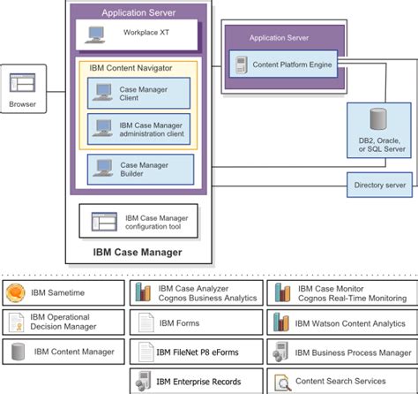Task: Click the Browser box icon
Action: point(21,85)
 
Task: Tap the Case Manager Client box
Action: point(138,93)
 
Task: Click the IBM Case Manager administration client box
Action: point(138,129)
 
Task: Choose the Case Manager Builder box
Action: point(138,170)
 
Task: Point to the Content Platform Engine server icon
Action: point(238,63)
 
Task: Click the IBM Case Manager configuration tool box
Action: point(138,221)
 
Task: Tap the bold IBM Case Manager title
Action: point(138,254)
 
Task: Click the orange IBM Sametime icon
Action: point(15,293)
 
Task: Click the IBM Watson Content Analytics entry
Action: point(339,323)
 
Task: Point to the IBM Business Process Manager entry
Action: point(339,352)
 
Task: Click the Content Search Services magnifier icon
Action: point(281,382)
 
